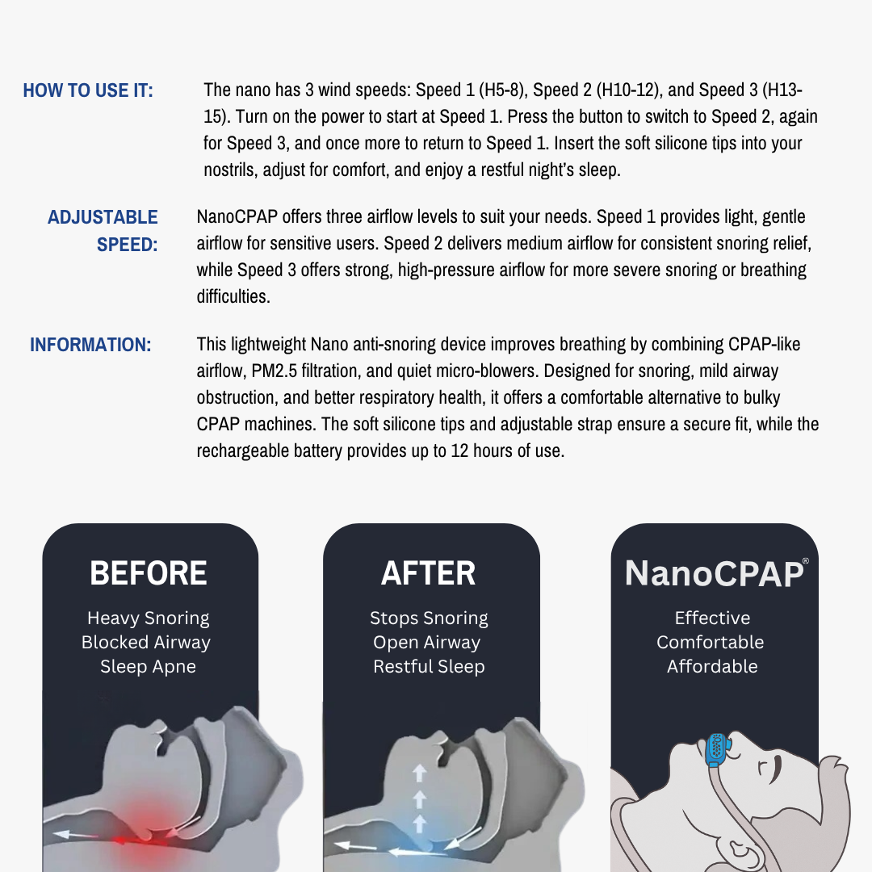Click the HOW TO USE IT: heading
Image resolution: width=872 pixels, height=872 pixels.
click(88, 90)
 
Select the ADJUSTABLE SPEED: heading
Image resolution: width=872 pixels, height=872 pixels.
click(103, 231)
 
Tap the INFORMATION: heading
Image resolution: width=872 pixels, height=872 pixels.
click(90, 345)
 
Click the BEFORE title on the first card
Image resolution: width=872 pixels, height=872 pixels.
click(149, 573)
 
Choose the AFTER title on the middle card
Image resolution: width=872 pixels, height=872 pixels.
click(429, 573)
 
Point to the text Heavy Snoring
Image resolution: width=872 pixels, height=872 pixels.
click(148, 618)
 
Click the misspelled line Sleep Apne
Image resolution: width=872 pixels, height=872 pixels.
click(148, 667)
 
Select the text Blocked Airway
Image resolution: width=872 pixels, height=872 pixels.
click(146, 643)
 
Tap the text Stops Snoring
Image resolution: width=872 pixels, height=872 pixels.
click(429, 618)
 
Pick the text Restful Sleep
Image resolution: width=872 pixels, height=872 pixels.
click(429, 667)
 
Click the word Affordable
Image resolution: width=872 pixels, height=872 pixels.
click(712, 667)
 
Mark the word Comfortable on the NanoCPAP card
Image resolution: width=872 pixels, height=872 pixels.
click(710, 643)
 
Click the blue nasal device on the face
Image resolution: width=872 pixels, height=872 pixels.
click(715, 750)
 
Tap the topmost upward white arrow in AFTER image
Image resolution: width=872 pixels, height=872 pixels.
click(419, 773)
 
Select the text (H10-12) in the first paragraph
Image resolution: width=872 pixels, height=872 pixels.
click(633, 90)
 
